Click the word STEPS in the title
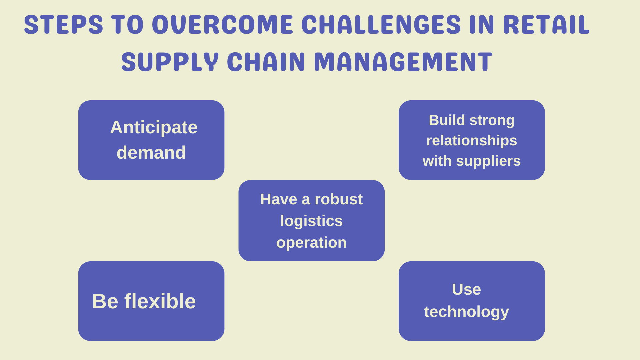tap(63, 25)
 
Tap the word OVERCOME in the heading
tap(222, 25)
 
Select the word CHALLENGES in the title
tap(381, 25)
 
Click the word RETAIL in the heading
tap(546, 25)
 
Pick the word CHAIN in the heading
tap(266, 62)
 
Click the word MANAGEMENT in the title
tap(403, 62)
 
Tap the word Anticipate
tap(154, 127)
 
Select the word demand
tap(151, 153)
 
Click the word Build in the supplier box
tap(447, 120)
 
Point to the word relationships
tap(471, 140)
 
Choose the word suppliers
tap(488, 161)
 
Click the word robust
tap(338, 199)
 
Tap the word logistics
tap(311, 221)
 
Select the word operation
tap(311, 243)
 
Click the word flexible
tap(160, 301)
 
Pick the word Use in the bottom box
tap(466, 289)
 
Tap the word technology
tap(466, 312)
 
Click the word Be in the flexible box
tap(105, 301)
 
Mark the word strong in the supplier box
tap(492, 120)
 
